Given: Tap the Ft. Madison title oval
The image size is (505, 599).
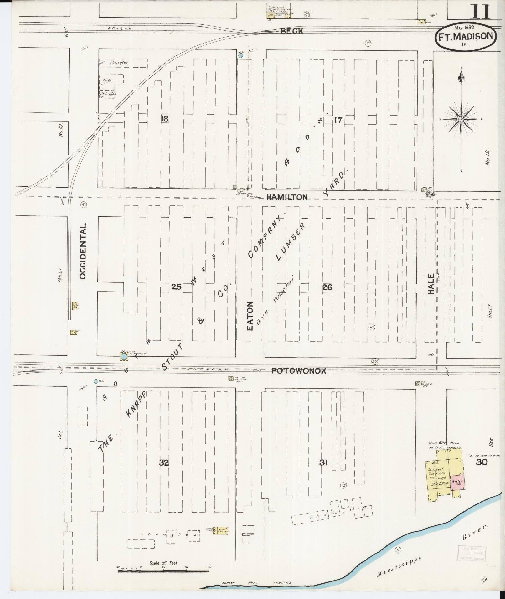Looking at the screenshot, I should [x=465, y=37].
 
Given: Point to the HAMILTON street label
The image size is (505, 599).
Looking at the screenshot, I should [x=287, y=197].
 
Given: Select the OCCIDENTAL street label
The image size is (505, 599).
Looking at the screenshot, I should [x=83, y=251].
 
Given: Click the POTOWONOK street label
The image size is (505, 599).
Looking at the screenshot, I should [x=298, y=371].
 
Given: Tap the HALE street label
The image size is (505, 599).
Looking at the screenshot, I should [x=431, y=284].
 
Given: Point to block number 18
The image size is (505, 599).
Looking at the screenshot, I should [x=165, y=119].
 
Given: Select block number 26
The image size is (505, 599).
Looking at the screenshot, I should [x=327, y=287].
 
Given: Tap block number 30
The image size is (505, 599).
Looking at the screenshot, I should [x=481, y=462].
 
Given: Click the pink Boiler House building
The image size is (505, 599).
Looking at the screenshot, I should [x=457, y=483].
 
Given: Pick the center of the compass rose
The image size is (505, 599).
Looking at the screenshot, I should [x=461, y=119].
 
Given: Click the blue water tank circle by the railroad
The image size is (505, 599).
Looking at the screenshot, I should [x=124, y=357].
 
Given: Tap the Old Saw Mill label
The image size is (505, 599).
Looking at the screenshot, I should [x=444, y=443].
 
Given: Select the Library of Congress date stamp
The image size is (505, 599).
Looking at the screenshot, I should [x=471, y=554].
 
